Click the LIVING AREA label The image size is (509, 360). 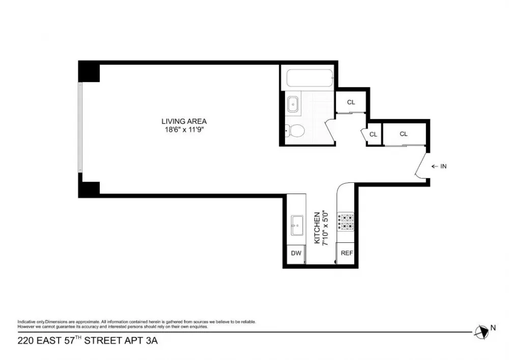[x=184, y=121]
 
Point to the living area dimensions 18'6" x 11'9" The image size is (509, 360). [x=184, y=130]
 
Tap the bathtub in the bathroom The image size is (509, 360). [x=309, y=78]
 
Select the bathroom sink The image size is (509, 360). [x=293, y=104]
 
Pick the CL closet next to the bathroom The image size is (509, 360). [x=351, y=102]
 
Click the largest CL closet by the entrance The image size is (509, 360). [x=404, y=134]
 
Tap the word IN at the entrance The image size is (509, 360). [x=443, y=166]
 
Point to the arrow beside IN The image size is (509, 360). [x=435, y=167]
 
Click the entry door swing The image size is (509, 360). [x=421, y=165]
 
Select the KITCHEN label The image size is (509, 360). [x=317, y=228]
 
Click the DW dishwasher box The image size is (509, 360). [x=296, y=253]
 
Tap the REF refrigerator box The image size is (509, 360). [x=346, y=253]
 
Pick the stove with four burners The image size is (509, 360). [x=346, y=221]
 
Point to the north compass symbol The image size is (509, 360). [x=482, y=332]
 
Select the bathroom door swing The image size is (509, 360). [x=330, y=130]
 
